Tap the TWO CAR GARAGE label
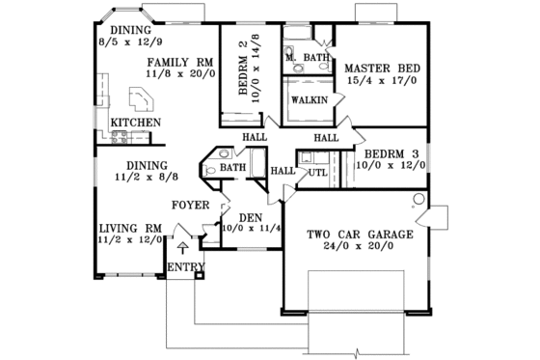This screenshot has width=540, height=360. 360,235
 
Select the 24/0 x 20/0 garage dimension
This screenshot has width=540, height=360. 360,247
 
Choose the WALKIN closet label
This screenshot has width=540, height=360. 309,99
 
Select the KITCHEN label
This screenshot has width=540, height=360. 136,123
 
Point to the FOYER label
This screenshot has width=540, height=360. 191,205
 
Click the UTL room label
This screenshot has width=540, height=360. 317,173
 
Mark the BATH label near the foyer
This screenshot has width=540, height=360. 233,168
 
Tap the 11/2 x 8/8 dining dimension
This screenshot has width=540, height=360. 132,178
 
